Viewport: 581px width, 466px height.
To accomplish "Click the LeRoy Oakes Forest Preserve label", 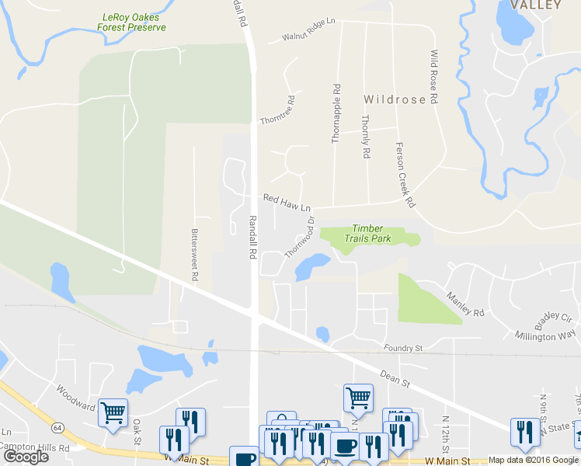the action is tap(132, 22).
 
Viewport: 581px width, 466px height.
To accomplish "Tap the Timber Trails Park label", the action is tap(367, 234).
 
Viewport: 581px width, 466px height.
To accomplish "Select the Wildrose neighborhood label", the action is tap(395, 99).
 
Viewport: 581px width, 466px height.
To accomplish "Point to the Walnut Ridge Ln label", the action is tap(308, 29).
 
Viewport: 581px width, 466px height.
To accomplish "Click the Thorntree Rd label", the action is tap(290, 111).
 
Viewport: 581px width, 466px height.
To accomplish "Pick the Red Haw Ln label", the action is tap(287, 203).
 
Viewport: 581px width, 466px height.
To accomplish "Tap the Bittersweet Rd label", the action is tap(195, 254).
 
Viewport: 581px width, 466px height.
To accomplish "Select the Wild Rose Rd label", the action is tap(434, 78).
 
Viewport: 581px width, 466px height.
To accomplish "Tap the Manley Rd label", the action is tap(465, 303).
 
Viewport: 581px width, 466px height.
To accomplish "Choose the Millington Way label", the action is tap(545, 336).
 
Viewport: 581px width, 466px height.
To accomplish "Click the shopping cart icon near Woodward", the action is tap(113, 412).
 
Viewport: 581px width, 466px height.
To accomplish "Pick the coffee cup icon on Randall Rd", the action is tap(244, 457).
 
